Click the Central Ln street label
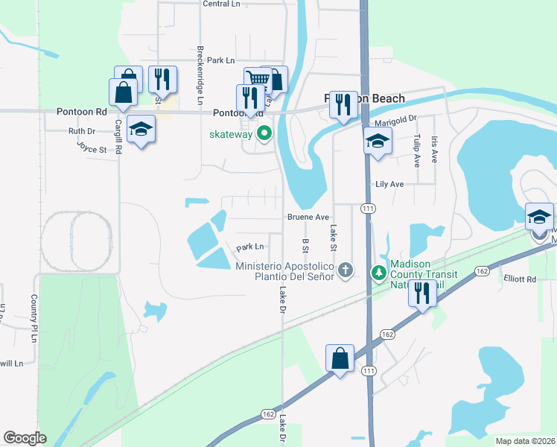click(221, 4)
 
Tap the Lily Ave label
click(389, 184)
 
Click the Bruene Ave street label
click(308, 218)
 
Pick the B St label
click(305, 245)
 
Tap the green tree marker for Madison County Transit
click(379, 273)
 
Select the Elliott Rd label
click(519, 279)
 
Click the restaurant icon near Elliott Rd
click(421, 293)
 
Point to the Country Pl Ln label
click(34, 318)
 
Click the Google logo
click(25, 438)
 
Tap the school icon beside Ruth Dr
click(141, 130)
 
